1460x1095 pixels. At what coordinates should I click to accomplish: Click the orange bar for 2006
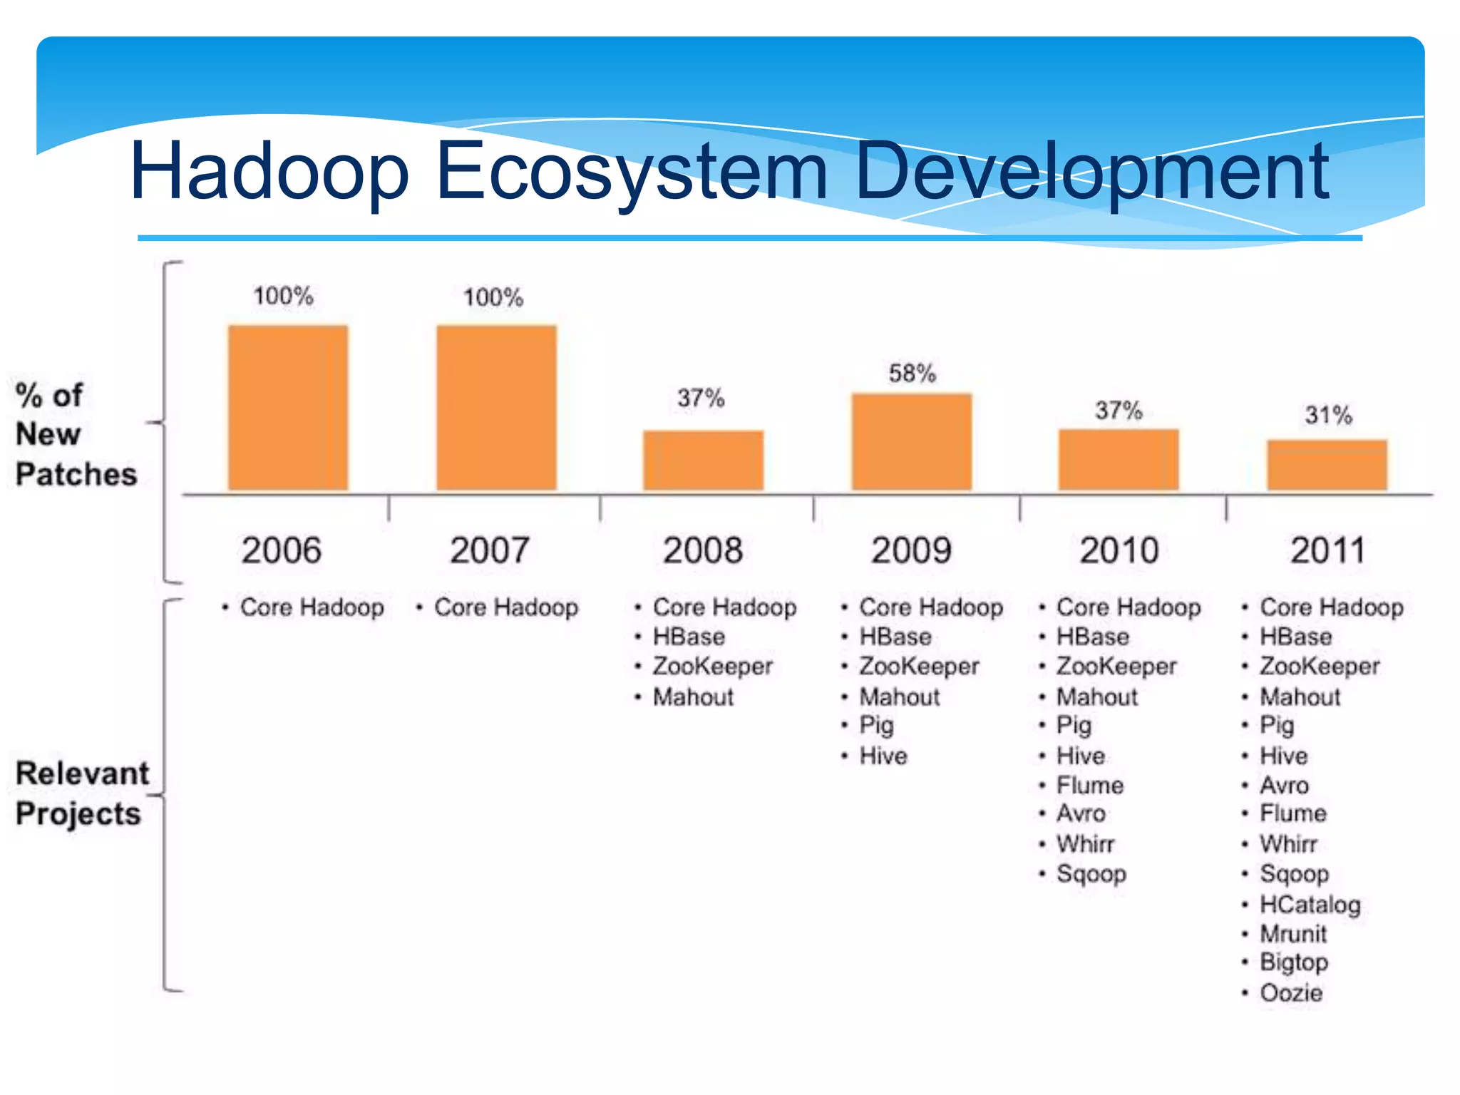coord(288,408)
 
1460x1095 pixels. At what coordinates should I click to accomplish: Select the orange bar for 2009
coord(912,442)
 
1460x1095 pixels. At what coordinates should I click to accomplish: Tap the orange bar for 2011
coord(1327,466)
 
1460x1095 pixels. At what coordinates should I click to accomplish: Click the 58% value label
coord(912,374)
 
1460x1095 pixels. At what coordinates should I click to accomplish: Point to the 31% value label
coord(1328,415)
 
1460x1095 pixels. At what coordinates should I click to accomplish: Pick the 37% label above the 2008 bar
coord(701,398)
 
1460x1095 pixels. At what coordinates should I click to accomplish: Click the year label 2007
coord(490,550)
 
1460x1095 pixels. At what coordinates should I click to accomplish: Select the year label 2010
coord(1119,550)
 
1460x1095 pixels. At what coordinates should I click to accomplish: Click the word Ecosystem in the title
coord(631,171)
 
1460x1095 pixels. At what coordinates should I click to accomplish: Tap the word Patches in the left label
coord(76,474)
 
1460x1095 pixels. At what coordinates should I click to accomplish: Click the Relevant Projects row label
coord(82,793)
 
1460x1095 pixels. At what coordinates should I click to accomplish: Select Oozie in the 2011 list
coord(1290,992)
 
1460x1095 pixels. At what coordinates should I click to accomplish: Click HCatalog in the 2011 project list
coord(1310,904)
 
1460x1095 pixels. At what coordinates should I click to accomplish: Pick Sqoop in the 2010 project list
coord(1091,873)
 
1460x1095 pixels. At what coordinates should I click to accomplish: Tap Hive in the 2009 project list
coord(883,756)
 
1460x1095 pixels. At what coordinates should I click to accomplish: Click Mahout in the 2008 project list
coord(693,696)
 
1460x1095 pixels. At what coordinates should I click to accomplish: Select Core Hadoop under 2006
coord(312,607)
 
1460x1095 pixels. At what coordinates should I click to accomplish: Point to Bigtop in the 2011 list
coord(1293,962)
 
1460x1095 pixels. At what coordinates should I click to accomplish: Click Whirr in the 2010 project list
coord(1085,844)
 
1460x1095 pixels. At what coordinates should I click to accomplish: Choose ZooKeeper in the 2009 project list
coord(919,666)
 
